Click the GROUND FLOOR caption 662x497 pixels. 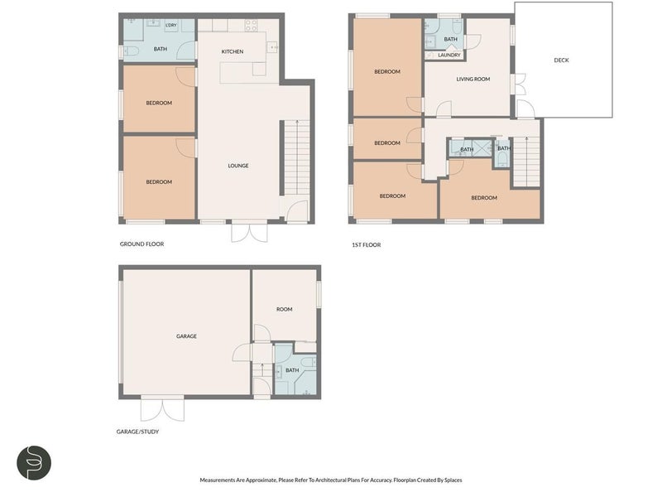coord(142,244)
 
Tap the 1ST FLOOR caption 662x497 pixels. coord(366,244)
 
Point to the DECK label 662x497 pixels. coord(562,60)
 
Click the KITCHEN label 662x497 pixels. coord(232,52)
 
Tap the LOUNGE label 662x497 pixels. coord(238,166)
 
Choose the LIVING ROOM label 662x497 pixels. coord(473,80)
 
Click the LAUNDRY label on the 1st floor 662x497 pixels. coord(449,55)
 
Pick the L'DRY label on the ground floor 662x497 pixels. coord(170,26)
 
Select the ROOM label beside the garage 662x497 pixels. coord(284,309)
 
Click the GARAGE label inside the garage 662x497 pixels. coord(186,336)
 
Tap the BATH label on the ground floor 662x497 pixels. coord(160,49)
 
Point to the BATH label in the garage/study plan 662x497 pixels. coord(291,370)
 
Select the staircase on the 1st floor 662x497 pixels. coord(524,162)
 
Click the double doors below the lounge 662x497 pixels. coord(249,232)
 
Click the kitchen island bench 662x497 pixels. coord(243,73)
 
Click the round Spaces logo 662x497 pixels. coord(35,463)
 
